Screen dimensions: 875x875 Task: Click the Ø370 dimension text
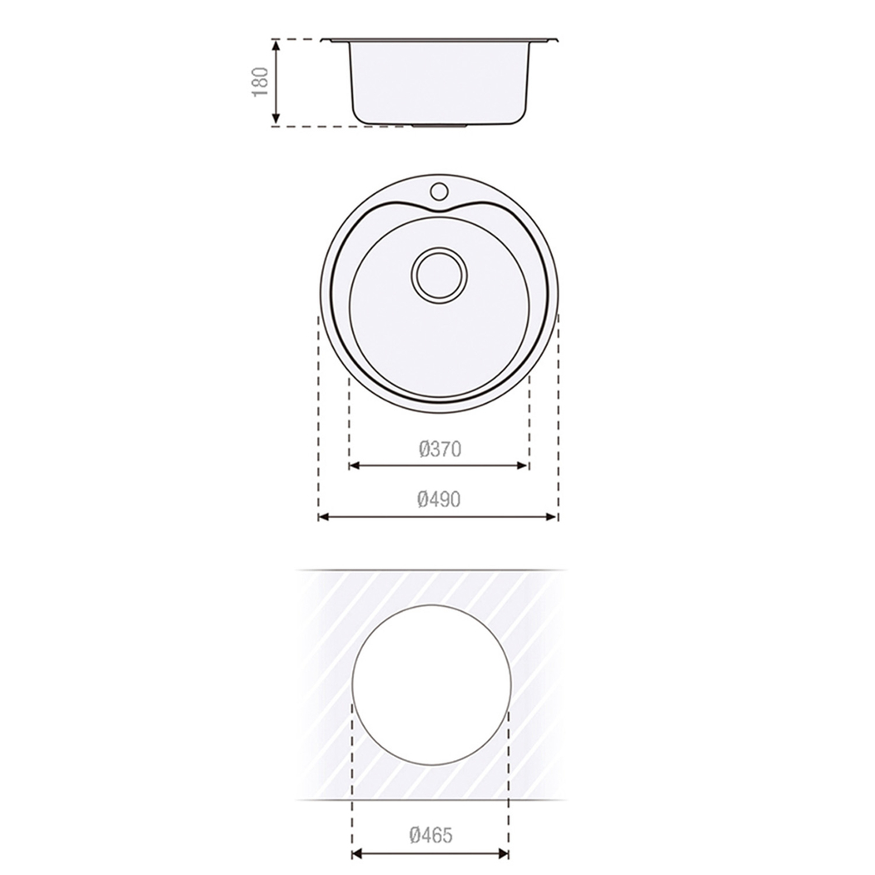440,449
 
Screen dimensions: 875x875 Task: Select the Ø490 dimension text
440,499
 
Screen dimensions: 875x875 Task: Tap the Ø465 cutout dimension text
430,835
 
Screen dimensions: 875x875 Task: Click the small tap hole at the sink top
440,191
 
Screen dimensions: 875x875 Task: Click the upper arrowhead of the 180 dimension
276,45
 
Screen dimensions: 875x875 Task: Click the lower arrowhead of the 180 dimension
276,119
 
